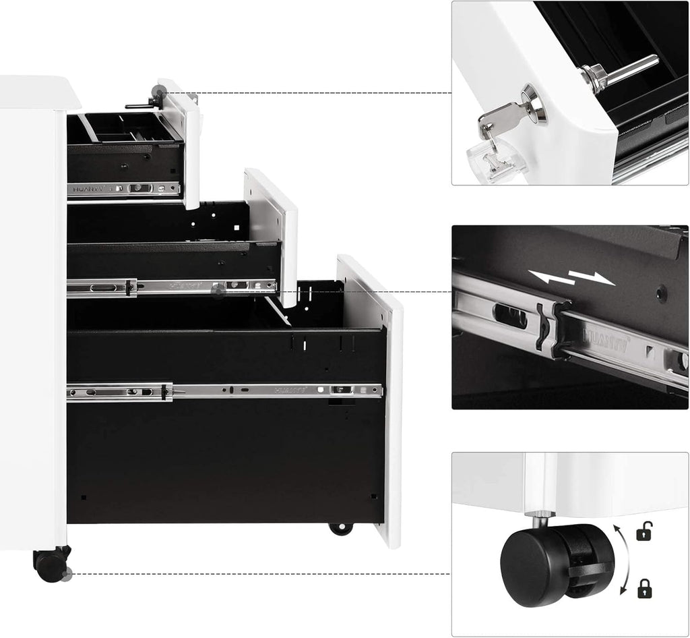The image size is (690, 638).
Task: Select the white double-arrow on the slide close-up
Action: click(x=571, y=277)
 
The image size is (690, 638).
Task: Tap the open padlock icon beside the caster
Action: click(x=644, y=533)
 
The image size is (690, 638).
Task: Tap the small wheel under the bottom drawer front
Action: click(x=341, y=528)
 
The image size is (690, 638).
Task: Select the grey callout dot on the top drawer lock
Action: click(x=159, y=92)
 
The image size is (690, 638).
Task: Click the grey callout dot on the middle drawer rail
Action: click(x=218, y=291)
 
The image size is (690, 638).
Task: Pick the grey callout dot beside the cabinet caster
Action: click(x=66, y=575)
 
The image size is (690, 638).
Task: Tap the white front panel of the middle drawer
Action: click(x=276, y=229)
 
